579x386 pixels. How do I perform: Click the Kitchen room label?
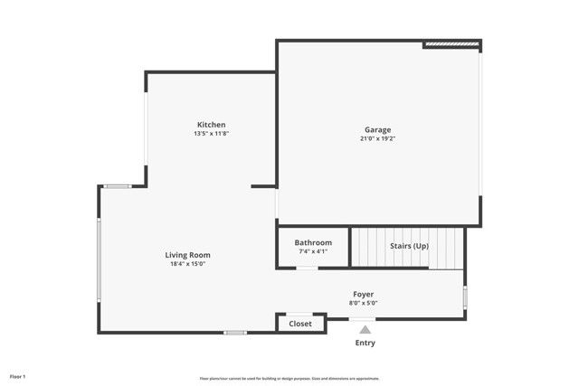pyautogui.click(x=211, y=125)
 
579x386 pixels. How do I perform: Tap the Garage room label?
pyautogui.click(x=378, y=129)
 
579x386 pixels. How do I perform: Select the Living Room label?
pyautogui.click(x=187, y=255)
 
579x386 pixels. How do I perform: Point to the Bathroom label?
pyautogui.click(x=313, y=242)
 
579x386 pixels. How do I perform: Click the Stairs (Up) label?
pyautogui.click(x=409, y=246)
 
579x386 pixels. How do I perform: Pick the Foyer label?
pyautogui.click(x=364, y=294)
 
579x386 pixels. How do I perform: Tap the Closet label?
pyautogui.click(x=300, y=324)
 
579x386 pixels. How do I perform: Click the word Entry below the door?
pyautogui.click(x=365, y=344)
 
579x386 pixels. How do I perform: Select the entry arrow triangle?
pyautogui.click(x=365, y=330)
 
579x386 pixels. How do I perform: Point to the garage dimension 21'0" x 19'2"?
pyautogui.click(x=378, y=138)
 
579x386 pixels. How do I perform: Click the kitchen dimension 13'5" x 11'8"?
pyautogui.click(x=211, y=134)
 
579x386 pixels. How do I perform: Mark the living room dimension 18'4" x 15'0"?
pyautogui.click(x=187, y=264)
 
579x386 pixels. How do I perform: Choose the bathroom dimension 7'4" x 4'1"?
pyautogui.click(x=313, y=251)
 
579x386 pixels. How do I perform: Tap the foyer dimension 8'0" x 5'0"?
pyautogui.click(x=364, y=303)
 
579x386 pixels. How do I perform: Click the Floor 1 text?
pyautogui.click(x=18, y=376)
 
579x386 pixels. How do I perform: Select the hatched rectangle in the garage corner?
pyautogui.click(x=451, y=43)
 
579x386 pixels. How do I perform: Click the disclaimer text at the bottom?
pyautogui.click(x=289, y=379)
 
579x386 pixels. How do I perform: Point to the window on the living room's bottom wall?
pyautogui.click(x=235, y=333)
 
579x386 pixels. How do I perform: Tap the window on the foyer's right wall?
pyautogui.click(x=465, y=297)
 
